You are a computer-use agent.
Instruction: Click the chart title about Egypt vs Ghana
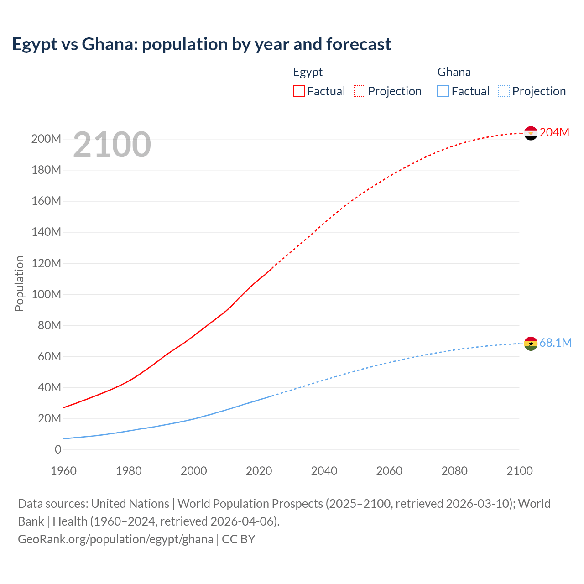tap(201, 44)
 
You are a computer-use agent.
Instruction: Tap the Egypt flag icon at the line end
tap(531, 133)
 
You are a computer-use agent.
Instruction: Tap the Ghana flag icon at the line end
tap(531, 344)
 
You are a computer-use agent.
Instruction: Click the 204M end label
tap(554, 132)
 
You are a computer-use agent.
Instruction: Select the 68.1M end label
tap(555, 343)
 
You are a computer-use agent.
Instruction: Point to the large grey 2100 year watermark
tap(112, 144)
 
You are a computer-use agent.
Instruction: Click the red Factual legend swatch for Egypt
tap(299, 91)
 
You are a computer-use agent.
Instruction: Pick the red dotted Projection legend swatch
tap(360, 91)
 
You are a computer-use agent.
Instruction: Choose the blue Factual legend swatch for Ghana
tap(443, 91)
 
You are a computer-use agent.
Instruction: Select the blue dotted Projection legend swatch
tap(504, 91)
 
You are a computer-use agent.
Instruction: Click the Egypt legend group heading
tap(308, 72)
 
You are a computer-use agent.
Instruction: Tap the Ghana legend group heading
tap(454, 72)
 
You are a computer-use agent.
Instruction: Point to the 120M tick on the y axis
tap(46, 263)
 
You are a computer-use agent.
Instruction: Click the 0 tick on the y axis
tap(58, 449)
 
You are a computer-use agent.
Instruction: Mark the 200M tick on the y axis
tap(46, 139)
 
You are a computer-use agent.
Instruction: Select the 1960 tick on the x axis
tap(63, 471)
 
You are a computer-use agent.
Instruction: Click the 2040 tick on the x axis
tap(324, 471)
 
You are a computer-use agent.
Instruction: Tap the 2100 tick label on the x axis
tap(519, 471)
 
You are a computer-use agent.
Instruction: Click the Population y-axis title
tap(19, 283)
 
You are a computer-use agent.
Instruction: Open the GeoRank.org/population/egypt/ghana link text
tap(115, 539)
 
